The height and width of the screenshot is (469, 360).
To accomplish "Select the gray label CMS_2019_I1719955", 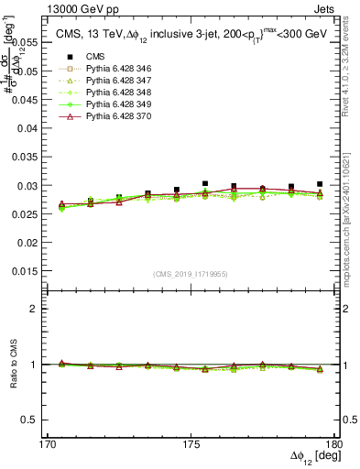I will tap(190, 273).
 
